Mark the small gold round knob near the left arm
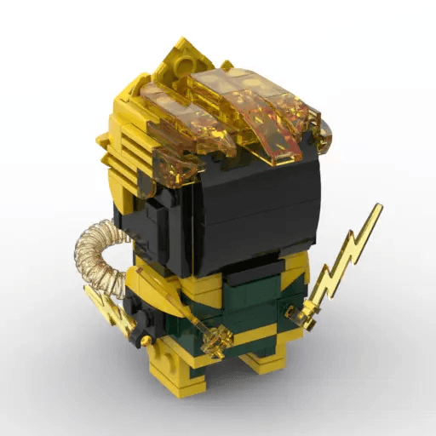(148, 341)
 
